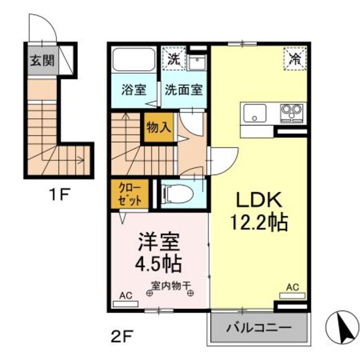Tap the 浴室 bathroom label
click(133, 90)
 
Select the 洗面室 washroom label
click(184, 90)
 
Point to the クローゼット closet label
click(128, 195)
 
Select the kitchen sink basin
click(254, 112)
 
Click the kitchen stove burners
click(290, 112)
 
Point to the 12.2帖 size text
click(259, 223)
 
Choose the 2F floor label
click(120, 333)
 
